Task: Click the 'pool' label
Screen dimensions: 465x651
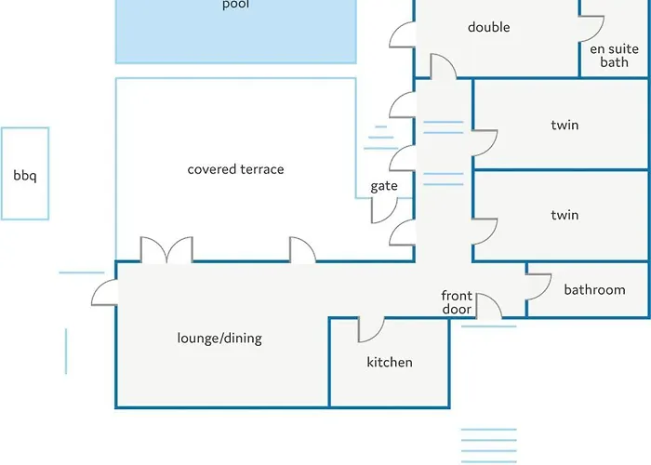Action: pos(235,5)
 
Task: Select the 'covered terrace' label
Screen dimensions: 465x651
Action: pos(235,169)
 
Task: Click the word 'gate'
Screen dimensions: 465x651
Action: pos(384,186)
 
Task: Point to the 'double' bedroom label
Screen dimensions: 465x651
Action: pos(489,27)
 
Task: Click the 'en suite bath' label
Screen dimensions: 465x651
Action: pos(615,55)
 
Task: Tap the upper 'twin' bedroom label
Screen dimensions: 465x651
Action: pos(565,125)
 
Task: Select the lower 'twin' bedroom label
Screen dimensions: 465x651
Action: pos(565,215)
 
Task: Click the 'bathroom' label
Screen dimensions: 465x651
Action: pos(594,289)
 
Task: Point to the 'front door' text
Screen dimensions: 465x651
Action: pos(456,302)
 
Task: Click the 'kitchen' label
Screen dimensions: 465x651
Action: pos(390,362)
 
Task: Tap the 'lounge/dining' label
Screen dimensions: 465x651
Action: pos(219,339)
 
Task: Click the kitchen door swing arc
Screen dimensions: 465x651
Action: pos(370,329)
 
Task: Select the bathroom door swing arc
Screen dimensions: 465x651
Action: pos(538,286)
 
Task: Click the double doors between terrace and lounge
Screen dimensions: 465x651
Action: pos(166,249)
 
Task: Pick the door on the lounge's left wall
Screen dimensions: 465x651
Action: pos(104,293)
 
